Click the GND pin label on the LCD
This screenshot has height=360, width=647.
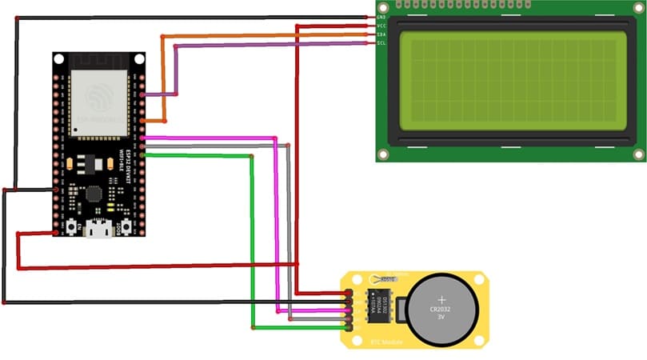(x=382, y=16)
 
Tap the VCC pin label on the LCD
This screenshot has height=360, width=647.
(x=382, y=26)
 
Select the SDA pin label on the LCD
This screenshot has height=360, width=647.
(x=382, y=34)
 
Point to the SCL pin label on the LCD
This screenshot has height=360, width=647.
(x=382, y=43)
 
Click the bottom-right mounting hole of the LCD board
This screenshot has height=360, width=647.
(x=638, y=154)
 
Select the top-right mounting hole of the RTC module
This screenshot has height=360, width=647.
(x=479, y=279)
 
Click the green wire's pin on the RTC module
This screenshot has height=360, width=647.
(x=349, y=327)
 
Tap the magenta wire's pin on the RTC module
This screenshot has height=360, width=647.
(x=349, y=311)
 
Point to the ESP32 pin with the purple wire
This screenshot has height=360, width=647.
(x=142, y=94)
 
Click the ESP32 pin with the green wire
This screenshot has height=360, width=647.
(x=142, y=155)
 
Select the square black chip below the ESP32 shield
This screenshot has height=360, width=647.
(x=94, y=194)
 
